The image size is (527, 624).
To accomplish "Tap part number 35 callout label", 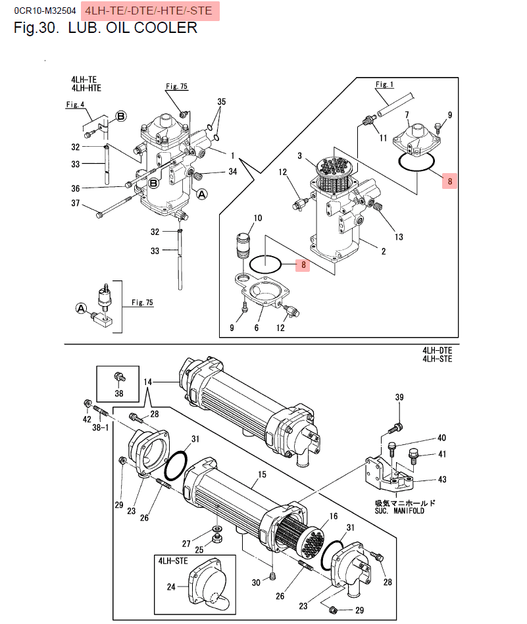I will [221, 102].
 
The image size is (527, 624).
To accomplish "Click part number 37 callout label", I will [75, 204].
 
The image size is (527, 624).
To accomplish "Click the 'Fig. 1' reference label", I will [384, 84].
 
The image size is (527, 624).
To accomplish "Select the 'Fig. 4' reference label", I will [76, 105].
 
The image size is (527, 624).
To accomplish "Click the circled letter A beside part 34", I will [201, 194].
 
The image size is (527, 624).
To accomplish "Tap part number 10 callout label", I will [257, 218].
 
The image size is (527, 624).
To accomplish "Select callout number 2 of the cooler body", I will [383, 251].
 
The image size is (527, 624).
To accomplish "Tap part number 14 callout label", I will [148, 382].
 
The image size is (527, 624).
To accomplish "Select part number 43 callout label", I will [441, 479].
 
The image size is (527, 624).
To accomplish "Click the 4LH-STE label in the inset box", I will [172, 560].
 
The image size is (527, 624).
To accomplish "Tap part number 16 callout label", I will [334, 517].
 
